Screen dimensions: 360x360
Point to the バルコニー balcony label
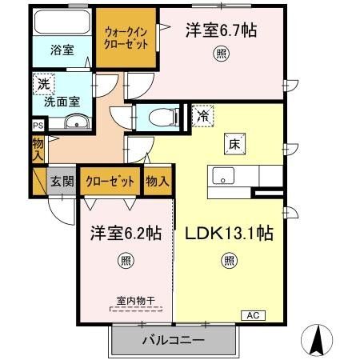(x=174, y=340)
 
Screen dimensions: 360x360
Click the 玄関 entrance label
(x=63, y=182)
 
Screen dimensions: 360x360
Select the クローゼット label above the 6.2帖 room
(x=110, y=182)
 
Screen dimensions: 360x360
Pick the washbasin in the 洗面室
(x=77, y=122)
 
